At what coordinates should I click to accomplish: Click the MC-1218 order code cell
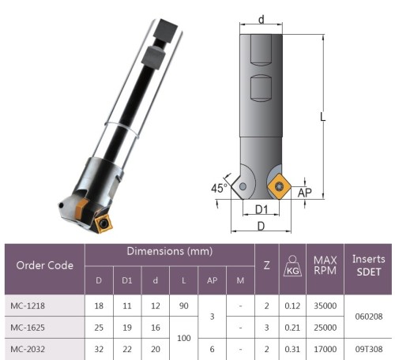click(x=28, y=306)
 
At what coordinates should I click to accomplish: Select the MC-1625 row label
click(x=28, y=328)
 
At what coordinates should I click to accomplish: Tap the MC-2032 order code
click(x=28, y=349)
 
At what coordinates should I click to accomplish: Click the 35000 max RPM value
click(x=325, y=306)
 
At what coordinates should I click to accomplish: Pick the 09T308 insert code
click(x=369, y=349)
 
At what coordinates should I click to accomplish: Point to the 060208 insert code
click(x=369, y=317)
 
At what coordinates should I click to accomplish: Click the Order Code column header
click(x=45, y=265)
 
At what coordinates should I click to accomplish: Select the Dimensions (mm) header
click(x=170, y=251)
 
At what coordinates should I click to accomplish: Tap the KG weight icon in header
click(x=292, y=266)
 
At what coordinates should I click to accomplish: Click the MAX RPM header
click(x=325, y=265)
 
